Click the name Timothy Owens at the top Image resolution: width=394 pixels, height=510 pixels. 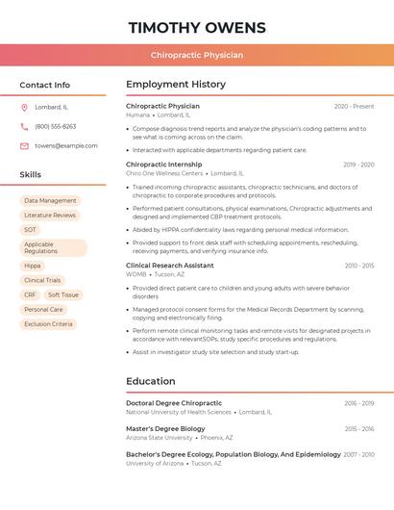click(x=197, y=27)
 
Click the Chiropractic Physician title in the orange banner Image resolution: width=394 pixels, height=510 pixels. click(x=197, y=55)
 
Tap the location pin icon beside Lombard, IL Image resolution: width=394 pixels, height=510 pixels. click(x=24, y=108)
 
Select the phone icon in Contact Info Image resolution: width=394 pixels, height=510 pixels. click(x=24, y=127)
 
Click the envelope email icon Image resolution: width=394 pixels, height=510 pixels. click(x=24, y=146)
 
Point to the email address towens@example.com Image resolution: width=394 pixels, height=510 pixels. click(x=66, y=146)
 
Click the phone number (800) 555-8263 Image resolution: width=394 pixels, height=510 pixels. click(x=55, y=127)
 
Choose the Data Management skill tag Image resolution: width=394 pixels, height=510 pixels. click(x=50, y=201)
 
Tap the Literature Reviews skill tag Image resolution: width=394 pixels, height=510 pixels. click(x=50, y=216)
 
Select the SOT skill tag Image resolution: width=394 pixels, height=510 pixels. click(x=31, y=230)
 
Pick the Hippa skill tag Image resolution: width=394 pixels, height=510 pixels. click(x=33, y=266)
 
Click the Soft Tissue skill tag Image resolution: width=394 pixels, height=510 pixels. click(x=63, y=295)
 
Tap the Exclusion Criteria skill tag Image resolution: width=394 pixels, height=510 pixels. click(x=48, y=324)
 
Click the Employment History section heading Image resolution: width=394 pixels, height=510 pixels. click(x=176, y=85)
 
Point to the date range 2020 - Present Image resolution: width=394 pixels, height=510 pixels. click(x=354, y=107)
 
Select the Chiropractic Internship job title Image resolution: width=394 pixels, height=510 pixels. click(x=164, y=165)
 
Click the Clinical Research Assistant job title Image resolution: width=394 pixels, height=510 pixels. click(x=170, y=266)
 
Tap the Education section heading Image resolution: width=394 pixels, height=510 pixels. click(x=151, y=381)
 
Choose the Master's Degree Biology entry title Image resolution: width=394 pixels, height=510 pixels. click(x=165, y=429)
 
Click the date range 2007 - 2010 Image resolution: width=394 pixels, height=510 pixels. click(x=358, y=454)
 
